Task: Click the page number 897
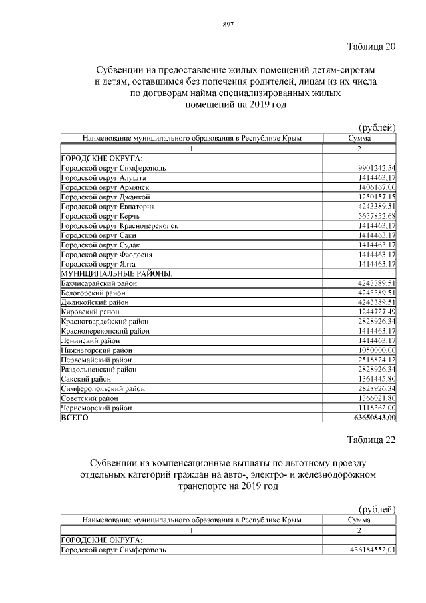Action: pyautogui.click(x=226, y=25)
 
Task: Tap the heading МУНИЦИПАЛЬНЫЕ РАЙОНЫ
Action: pyautogui.click(x=116, y=273)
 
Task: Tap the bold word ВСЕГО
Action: pyautogui.click(x=74, y=417)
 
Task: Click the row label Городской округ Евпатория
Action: pyautogui.click(x=103, y=206)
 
